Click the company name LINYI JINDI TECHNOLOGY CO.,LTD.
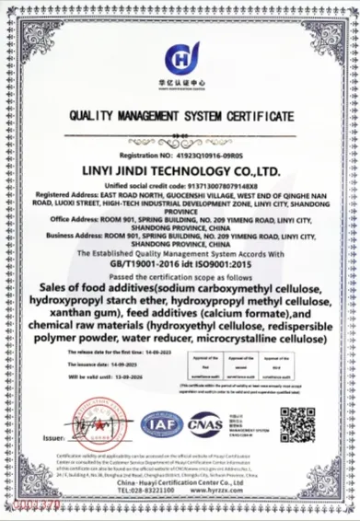coord(180,171)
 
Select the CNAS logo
coord(204,424)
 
